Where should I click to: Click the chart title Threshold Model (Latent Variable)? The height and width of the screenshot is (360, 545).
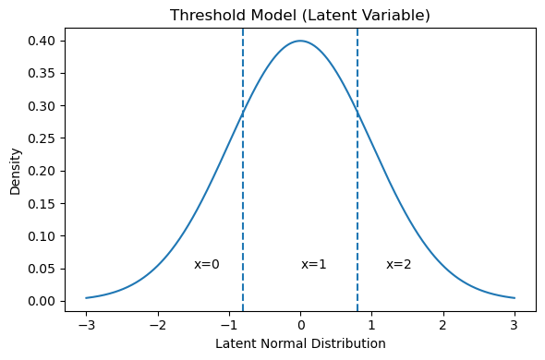(x=300, y=16)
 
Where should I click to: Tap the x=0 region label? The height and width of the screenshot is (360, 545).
(x=207, y=265)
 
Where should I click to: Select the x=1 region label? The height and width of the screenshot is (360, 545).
(x=314, y=265)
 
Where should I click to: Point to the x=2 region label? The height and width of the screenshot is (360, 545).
(x=399, y=265)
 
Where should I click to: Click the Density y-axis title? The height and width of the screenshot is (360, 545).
(x=16, y=172)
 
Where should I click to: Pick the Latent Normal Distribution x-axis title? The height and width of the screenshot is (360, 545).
(x=300, y=343)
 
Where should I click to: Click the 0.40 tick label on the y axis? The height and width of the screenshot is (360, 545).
(x=41, y=41)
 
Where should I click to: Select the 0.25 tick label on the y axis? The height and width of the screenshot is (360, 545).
(x=41, y=138)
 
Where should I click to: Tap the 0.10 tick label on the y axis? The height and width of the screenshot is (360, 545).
(x=41, y=236)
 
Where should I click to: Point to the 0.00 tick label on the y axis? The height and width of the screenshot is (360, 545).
(x=41, y=301)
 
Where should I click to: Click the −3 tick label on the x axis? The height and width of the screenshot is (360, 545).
(x=86, y=325)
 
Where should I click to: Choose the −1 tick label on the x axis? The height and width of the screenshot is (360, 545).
(x=229, y=325)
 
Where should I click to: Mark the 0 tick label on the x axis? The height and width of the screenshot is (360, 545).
(x=300, y=325)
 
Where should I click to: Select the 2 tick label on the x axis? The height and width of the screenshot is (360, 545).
(x=443, y=325)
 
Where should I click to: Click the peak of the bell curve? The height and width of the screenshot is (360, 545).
(x=300, y=41)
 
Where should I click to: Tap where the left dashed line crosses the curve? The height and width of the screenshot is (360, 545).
(x=243, y=113)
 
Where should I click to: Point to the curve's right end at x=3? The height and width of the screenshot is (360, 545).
(x=515, y=298)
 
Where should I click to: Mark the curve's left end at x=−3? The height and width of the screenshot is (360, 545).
(x=86, y=298)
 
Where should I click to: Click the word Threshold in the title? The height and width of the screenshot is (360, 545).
(x=207, y=16)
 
